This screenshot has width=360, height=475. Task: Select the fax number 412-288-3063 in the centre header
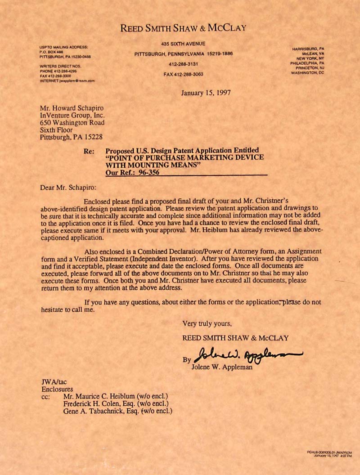tap(183, 74)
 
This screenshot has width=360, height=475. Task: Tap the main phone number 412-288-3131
tap(183, 64)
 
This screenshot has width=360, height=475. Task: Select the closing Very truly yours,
tap(207, 323)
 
